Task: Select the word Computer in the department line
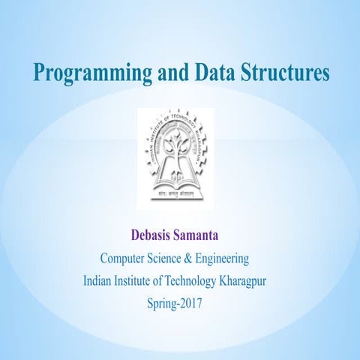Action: point(125,259)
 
